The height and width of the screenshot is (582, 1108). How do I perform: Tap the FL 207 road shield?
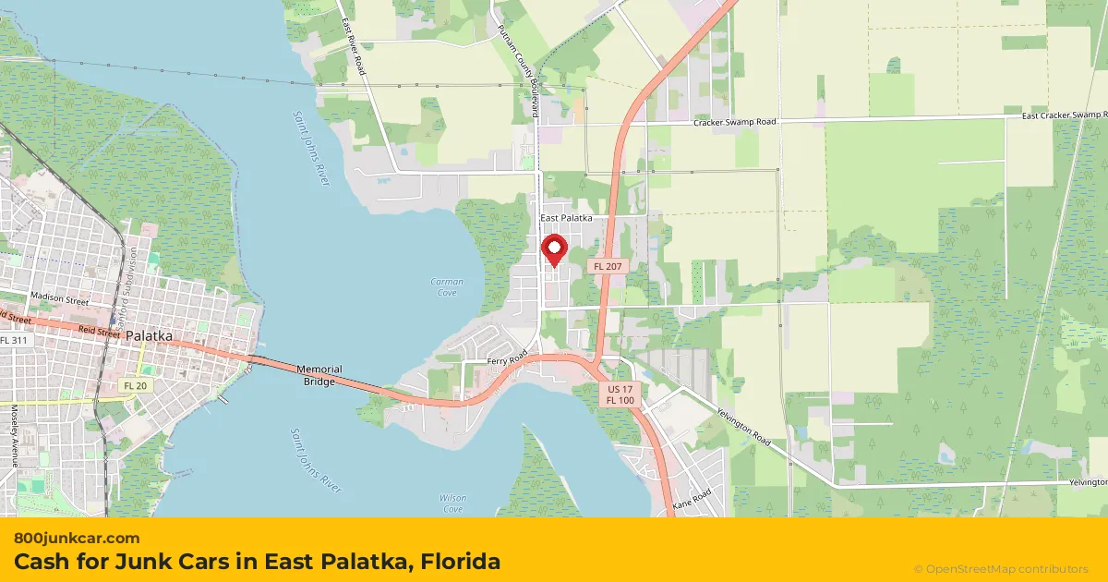click(608, 266)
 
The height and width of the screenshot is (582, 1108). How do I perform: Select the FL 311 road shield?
click(14, 340)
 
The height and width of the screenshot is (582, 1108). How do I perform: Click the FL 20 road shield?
click(133, 384)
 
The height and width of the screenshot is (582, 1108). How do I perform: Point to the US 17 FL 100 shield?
click(620, 394)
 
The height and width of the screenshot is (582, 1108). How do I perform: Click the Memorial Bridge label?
click(319, 375)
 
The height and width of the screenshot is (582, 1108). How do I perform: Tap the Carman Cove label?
click(447, 286)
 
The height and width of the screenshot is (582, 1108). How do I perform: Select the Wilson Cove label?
click(452, 503)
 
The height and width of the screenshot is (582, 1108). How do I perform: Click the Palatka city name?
click(150, 337)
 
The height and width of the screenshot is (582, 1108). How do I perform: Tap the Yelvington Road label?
click(742, 429)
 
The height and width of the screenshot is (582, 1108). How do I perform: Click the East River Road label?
click(353, 46)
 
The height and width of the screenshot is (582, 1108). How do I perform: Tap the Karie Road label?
click(692, 499)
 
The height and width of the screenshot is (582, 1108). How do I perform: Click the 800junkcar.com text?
click(77, 538)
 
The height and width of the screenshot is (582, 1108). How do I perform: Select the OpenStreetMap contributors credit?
click(1001, 569)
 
